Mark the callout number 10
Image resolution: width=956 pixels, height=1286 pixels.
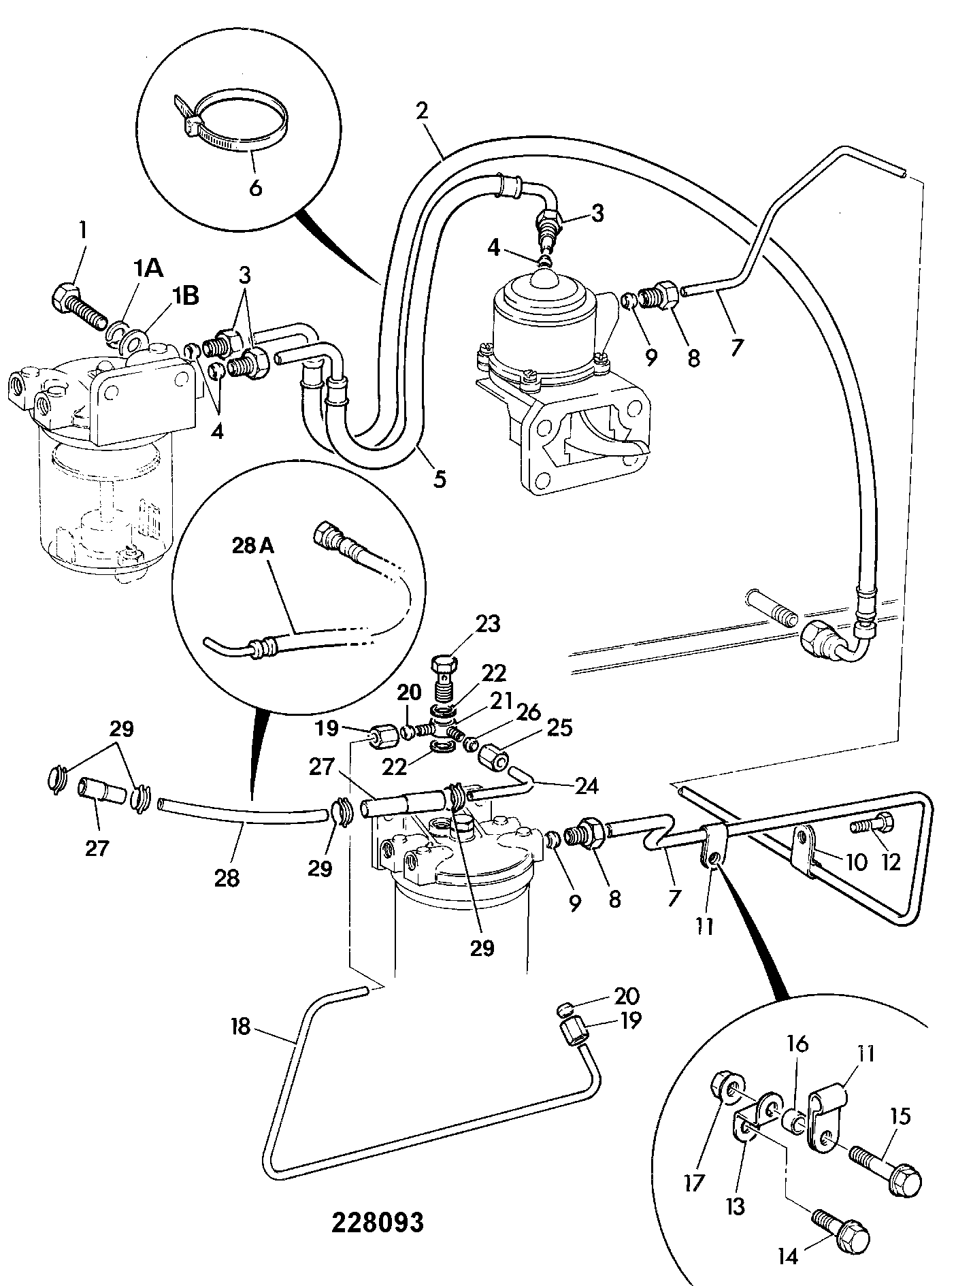pos(856,862)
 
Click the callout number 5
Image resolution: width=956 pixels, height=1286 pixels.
pos(440,479)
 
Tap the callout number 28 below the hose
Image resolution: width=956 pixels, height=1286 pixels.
pos(227,878)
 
